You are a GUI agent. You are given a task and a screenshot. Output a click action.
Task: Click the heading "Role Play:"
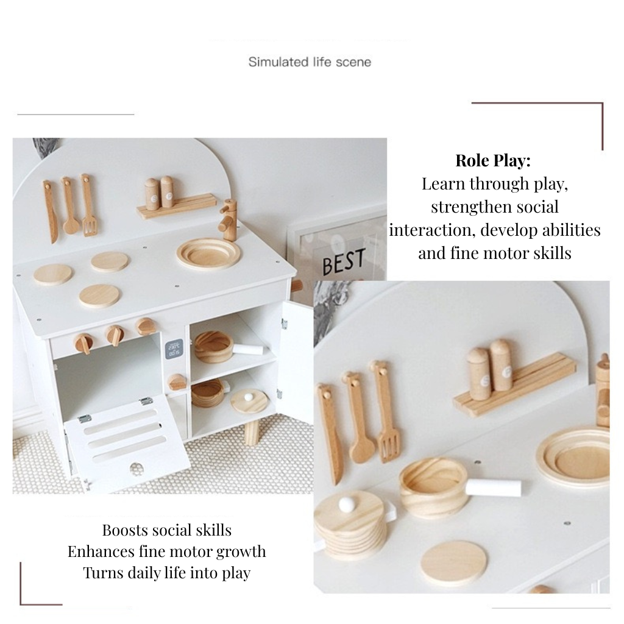(x=493, y=160)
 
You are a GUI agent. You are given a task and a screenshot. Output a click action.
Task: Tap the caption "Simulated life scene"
(x=310, y=62)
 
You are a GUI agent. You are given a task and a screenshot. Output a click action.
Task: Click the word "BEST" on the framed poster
(x=344, y=261)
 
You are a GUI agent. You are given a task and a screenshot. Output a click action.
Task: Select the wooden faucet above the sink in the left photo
(x=228, y=219)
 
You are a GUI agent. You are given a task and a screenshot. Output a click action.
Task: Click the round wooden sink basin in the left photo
(x=208, y=253)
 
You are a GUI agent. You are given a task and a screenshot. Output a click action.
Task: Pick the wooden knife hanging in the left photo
(x=51, y=211)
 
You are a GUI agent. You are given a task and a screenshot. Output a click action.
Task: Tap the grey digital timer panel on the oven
(x=174, y=348)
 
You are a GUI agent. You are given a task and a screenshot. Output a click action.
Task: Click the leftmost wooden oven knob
(x=84, y=343)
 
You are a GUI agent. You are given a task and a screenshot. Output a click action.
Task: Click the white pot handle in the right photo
(x=493, y=487)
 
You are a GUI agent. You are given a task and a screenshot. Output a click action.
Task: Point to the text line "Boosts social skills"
(x=167, y=530)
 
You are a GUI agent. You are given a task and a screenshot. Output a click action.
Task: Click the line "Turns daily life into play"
(x=167, y=573)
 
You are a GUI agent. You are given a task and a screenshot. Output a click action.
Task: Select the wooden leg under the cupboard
(x=252, y=433)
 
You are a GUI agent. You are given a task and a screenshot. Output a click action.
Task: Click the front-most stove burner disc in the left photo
(x=99, y=296)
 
